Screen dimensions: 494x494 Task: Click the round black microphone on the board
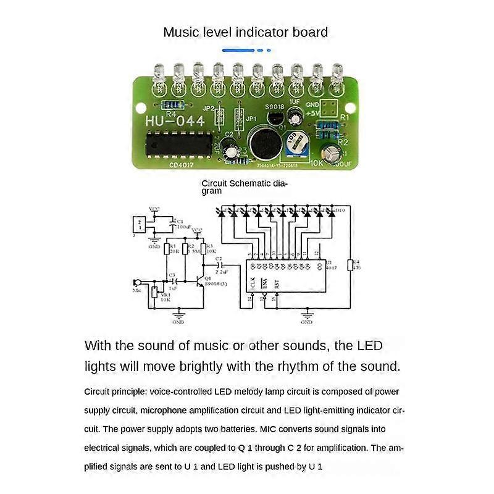266,142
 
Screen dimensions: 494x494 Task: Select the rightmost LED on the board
337,77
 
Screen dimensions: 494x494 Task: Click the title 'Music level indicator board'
245,32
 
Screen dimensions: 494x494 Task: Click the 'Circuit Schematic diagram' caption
245,187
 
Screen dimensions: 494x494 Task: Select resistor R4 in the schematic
350,265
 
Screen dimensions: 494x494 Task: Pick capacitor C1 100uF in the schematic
171,224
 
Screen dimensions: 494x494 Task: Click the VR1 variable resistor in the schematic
154,292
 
